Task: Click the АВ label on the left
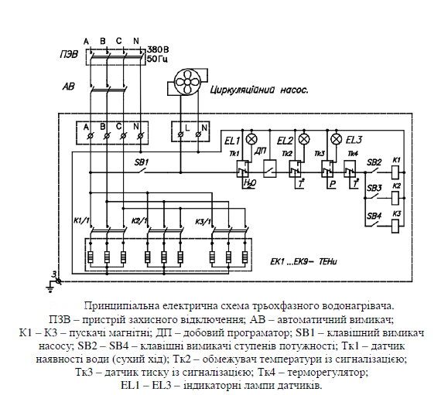coord(67,86)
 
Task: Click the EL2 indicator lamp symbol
coord(303,140)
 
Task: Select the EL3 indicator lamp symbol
coord(335,140)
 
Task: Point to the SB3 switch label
coord(374,188)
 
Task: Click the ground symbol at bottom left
coord(53,279)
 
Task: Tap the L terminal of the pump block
coord(186,125)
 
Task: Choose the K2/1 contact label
coord(140,222)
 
